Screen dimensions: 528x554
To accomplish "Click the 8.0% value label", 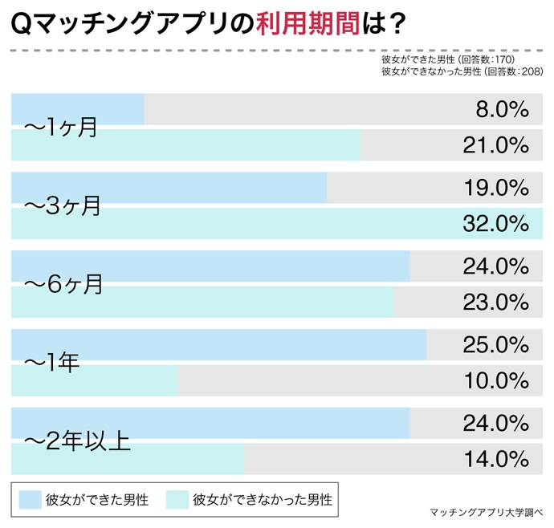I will [501, 110].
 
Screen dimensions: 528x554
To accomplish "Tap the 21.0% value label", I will [495, 145].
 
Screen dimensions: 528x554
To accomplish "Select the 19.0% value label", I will [495, 189].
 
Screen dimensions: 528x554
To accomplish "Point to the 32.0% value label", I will [495, 224].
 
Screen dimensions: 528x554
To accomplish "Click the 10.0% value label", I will [495, 381].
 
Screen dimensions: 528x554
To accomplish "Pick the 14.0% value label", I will [495, 460].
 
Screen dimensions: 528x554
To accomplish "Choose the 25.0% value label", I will [495, 346].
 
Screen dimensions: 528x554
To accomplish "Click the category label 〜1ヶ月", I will [60, 127].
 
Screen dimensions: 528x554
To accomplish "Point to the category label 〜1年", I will [51, 363].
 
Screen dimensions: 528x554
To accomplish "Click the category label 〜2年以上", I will [77, 441].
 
